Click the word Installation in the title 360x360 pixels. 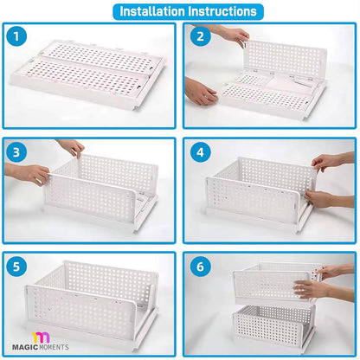[151, 12]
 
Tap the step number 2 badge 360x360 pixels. [199, 37]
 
